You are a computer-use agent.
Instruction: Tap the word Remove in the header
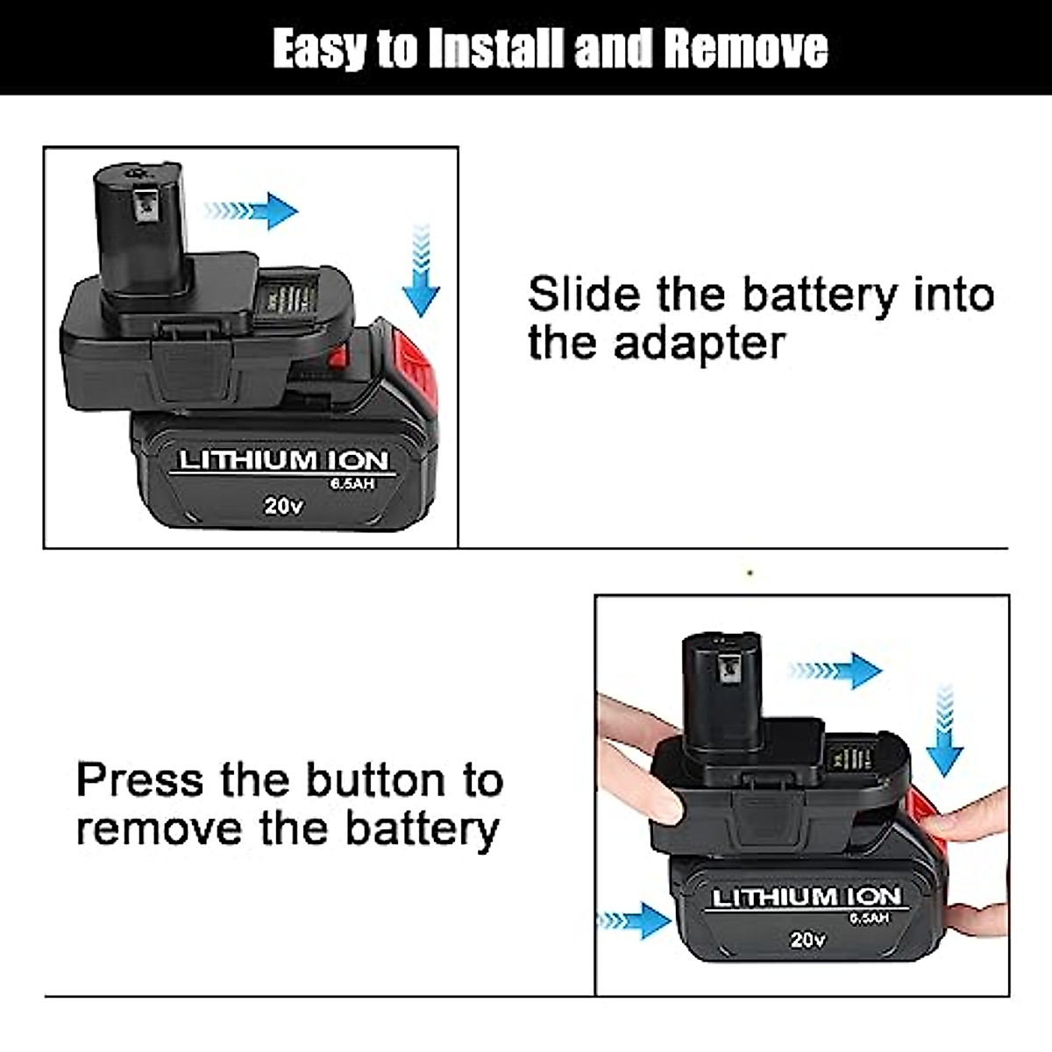point(745,48)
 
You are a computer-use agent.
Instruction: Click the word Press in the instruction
point(140,779)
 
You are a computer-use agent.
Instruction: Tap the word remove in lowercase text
point(158,828)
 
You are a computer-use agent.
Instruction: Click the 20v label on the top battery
point(283,506)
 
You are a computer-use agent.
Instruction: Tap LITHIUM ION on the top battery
point(283,460)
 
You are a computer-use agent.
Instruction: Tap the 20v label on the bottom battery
point(807,939)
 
